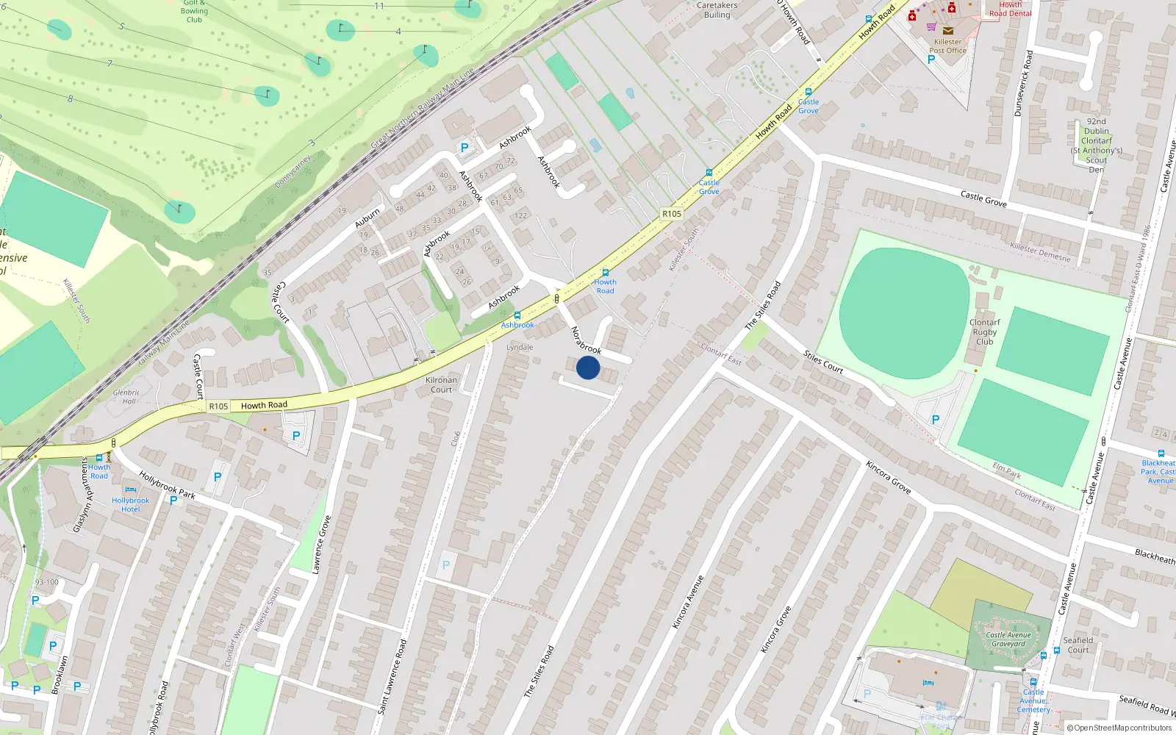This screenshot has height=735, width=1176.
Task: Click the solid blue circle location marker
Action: tap(588, 367)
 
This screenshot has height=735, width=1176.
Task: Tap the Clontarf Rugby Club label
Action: tap(984, 331)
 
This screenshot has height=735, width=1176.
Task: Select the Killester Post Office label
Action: tap(947, 46)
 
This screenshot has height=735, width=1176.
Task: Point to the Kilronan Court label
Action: tap(441, 384)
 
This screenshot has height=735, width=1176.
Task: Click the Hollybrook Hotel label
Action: tap(130, 504)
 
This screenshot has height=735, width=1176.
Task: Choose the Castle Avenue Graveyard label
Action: tap(1008, 639)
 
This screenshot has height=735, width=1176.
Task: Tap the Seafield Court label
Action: tap(1078, 645)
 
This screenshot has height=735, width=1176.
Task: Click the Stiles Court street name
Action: tap(822, 362)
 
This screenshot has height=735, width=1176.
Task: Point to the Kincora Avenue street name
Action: tap(688, 601)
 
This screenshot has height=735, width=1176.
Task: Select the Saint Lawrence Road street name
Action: tap(392, 677)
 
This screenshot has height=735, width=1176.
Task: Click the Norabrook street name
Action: tap(586, 340)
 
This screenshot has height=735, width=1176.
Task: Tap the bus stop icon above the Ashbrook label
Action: tap(517, 315)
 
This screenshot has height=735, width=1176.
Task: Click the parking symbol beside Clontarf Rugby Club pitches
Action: tap(935, 420)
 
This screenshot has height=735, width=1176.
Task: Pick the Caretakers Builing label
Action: tap(717, 10)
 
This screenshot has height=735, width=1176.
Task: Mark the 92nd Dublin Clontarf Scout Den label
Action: tap(1096, 146)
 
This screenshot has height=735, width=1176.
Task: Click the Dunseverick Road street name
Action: tap(1023, 83)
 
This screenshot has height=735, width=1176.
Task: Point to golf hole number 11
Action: tap(379, 6)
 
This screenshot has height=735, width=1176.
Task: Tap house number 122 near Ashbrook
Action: tap(521, 215)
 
